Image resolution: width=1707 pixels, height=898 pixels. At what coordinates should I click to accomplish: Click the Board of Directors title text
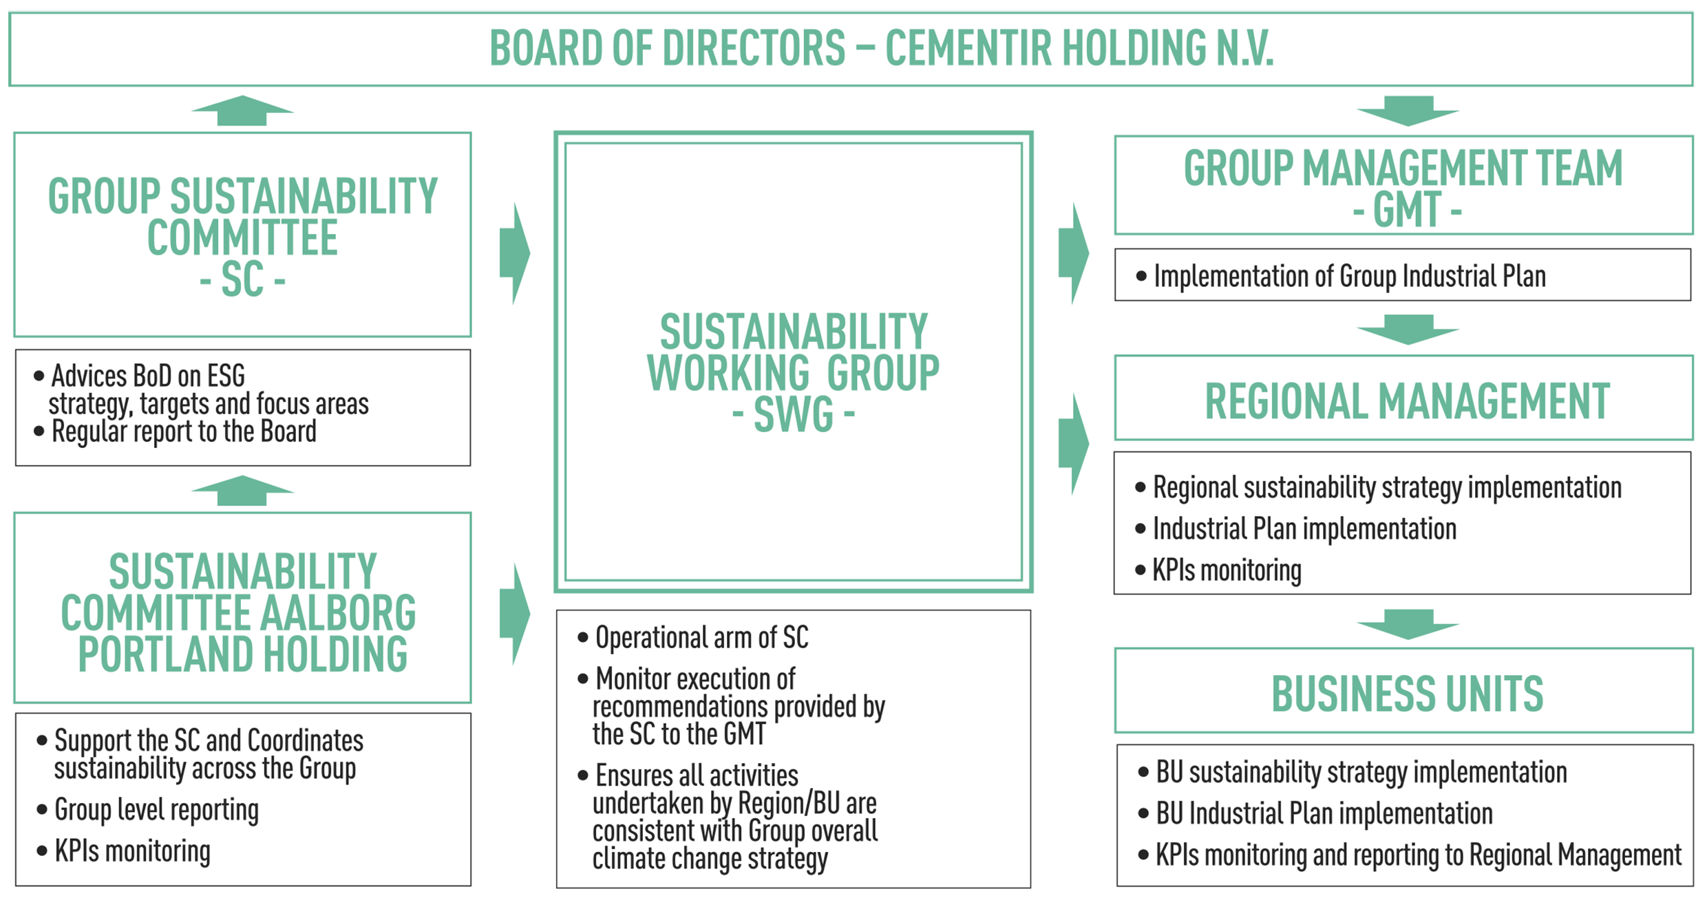pos(881,48)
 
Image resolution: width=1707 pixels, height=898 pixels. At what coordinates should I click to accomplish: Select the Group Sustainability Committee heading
pos(242,237)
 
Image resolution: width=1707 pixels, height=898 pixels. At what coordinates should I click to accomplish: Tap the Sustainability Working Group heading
pos(793,373)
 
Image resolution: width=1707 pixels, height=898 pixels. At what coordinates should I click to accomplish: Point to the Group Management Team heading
pos(1403,189)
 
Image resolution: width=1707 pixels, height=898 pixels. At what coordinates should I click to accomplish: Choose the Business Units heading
pos(1407,694)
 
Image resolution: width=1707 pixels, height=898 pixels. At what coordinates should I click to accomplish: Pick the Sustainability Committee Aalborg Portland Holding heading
pos(239,612)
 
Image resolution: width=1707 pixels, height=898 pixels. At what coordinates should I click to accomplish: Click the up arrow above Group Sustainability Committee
pos(242,111)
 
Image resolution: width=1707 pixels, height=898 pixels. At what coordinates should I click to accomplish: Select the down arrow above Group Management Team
pos(1408,111)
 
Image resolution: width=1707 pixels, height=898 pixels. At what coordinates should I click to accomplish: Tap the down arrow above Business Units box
pos(1408,624)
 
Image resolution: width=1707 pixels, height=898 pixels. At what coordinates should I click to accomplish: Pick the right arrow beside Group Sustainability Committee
pos(515,253)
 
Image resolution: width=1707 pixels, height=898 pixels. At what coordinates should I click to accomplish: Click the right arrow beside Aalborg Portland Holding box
pos(515,614)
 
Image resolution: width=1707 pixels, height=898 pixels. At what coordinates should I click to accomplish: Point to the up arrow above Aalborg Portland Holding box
pos(242,491)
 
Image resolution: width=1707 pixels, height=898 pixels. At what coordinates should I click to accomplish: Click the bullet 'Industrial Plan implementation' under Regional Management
pos(1304,529)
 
